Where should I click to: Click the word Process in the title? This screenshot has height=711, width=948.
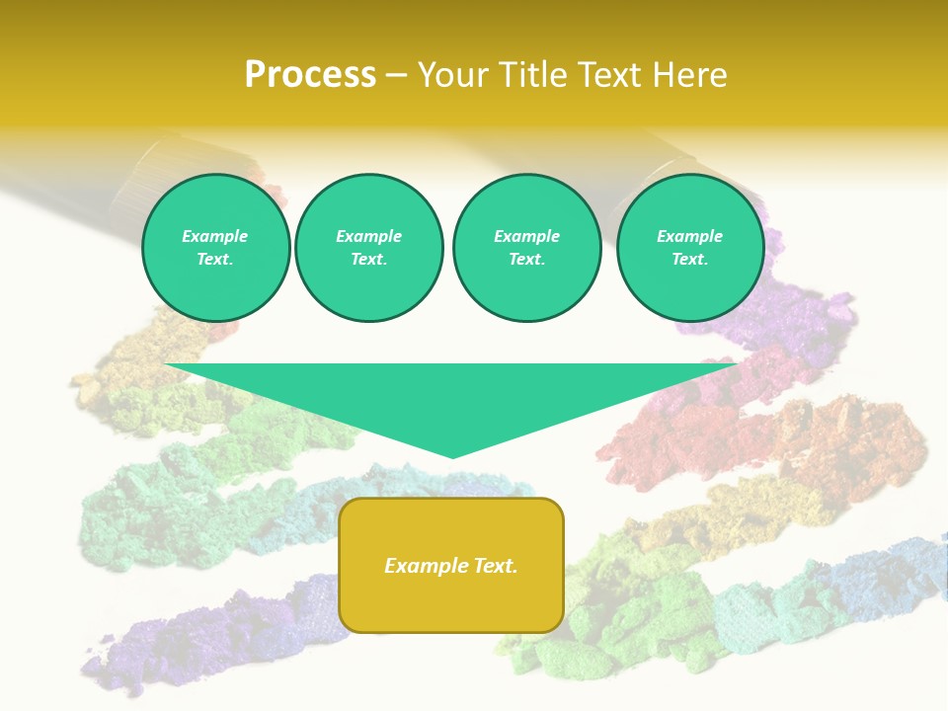tap(310, 75)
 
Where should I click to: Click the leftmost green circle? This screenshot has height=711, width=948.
tap(216, 248)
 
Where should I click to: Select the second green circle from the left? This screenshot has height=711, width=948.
tap(369, 248)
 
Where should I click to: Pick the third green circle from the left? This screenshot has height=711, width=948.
tap(527, 248)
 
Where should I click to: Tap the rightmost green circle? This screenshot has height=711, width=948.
tap(690, 248)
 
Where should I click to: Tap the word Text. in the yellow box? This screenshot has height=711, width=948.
tap(495, 566)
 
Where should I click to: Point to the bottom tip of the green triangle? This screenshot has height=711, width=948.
tap(452, 455)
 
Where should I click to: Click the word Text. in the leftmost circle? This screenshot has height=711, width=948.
tap(215, 260)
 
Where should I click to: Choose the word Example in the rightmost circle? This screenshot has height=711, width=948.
tap(689, 236)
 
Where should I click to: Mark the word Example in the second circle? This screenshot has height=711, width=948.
tap(368, 236)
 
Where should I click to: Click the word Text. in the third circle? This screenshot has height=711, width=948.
tap(526, 260)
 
